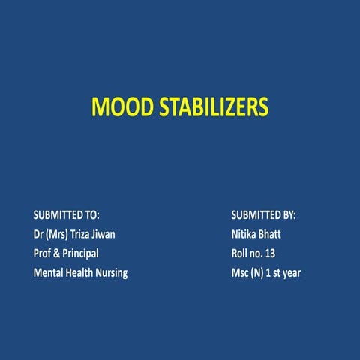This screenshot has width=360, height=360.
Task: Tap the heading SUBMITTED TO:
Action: click(x=67, y=214)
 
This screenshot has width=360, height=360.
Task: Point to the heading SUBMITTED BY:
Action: click(x=264, y=214)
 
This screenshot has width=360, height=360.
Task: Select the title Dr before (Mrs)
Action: click(x=39, y=234)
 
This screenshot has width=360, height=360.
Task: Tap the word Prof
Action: click(x=43, y=253)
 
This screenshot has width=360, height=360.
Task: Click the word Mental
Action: click(x=49, y=273)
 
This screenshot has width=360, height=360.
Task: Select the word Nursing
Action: click(x=112, y=273)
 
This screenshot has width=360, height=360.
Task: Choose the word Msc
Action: click(x=241, y=273)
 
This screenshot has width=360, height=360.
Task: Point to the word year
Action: click(x=289, y=273)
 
